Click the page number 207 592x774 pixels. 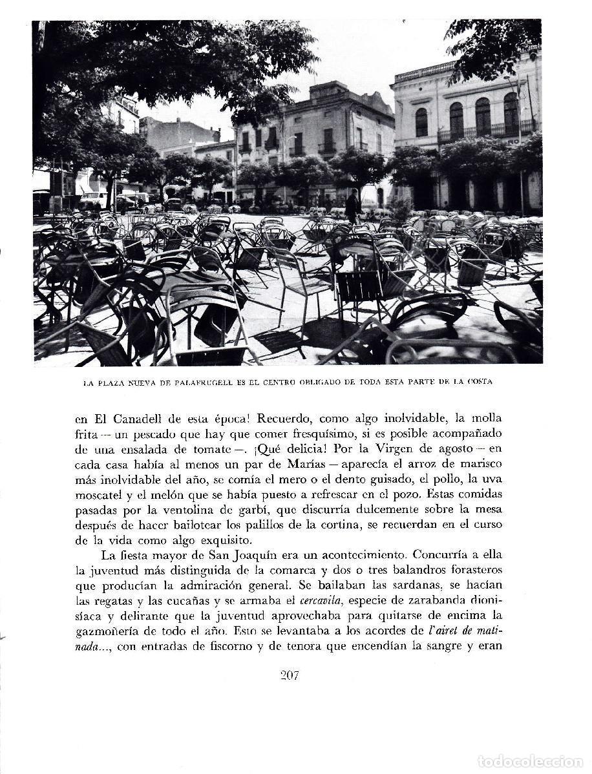click(290, 676)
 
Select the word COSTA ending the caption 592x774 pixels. click(477, 382)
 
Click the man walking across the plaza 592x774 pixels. click(352, 205)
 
